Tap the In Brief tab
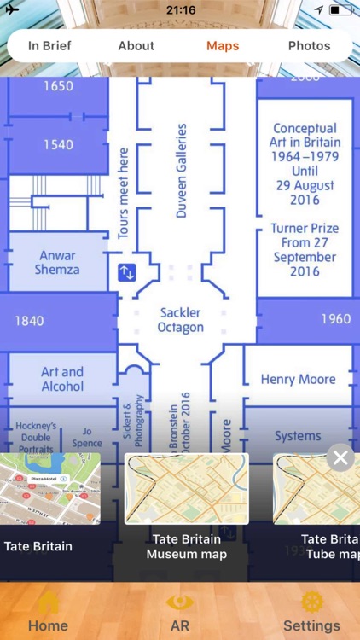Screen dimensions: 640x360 tap(49, 46)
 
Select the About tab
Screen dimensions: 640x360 tap(136, 46)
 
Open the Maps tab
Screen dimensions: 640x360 tap(223, 46)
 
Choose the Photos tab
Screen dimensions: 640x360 tap(309, 46)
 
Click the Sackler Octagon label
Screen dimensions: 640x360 tap(181, 320)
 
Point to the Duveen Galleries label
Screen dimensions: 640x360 tap(181, 171)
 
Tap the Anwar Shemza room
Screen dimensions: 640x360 tap(57, 263)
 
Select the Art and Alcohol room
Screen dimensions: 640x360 tap(62, 379)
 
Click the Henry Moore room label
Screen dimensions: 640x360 tap(298, 379)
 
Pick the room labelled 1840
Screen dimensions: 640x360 tap(29, 321)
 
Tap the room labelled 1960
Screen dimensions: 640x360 tap(335, 319)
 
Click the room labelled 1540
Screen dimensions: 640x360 tap(58, 145)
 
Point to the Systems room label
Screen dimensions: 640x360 tap(298, 436)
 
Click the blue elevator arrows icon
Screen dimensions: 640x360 tap(126, 273)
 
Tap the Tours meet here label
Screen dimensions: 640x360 tap(124, 193)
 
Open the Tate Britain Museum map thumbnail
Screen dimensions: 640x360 tap(187, 488)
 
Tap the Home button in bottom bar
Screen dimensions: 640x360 tap(48, 613)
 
